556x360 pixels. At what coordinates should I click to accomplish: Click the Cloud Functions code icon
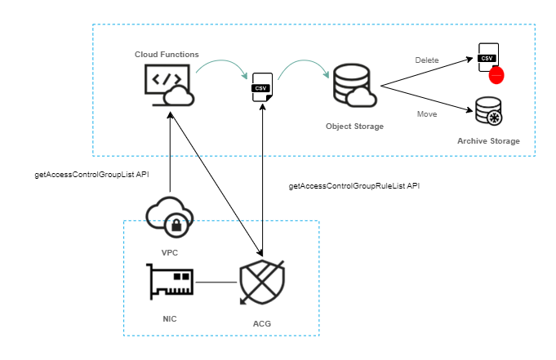coord(167,86)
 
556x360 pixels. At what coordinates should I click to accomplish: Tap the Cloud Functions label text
coord(167,54)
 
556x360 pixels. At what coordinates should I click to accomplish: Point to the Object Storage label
coord(354,127)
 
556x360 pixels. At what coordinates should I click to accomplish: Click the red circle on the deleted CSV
coord(496,76)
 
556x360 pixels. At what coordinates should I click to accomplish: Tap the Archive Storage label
coord(488,142)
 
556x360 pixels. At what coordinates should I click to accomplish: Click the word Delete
coord(426,60)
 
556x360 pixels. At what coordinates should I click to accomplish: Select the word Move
coord(426,113)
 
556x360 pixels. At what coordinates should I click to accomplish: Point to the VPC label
coord(170,253)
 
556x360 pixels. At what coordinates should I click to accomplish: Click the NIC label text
coord(170,316)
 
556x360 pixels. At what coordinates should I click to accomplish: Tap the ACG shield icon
coord(261,281)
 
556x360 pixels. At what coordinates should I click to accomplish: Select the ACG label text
coord(261,324)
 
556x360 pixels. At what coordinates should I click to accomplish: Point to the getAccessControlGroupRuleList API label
coord(354,186)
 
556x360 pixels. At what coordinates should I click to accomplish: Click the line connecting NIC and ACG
coord(215,282)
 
